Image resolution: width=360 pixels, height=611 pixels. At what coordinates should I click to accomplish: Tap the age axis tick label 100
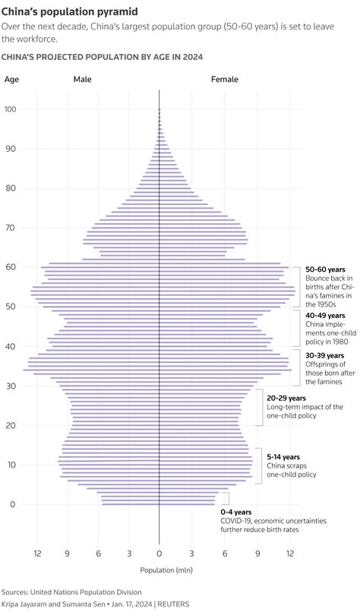pyautogui.click(x=11, y=109)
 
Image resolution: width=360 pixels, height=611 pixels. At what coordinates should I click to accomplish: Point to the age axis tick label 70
pyautogui.click(x=10, y=228)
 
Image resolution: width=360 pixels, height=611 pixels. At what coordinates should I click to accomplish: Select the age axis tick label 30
pyautogui.click(x=10, y=386)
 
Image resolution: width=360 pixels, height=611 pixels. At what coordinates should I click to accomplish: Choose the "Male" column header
pyautogui.click(x=83, y=79)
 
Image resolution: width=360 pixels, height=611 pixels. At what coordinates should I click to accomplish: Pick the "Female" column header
pyautogui.click(x=224, y=79)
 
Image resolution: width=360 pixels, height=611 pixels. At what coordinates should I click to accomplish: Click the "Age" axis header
pyautogui.click(x=11, y=79)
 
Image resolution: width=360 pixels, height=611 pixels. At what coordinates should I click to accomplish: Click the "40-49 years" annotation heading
pyautogui.click(x=325, y=316)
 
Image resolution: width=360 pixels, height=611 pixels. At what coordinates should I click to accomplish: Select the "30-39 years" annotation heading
pyautogui.click(x=325, y=355)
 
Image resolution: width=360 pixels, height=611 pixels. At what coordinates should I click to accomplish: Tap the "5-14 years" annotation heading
pyautogui.click(x=284, y=457)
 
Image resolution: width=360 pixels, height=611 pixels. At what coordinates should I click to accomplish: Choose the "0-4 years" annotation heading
pyautogui.click(x=236, y=512)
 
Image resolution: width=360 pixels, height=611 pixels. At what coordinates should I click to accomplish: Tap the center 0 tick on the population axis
pyautogui.click(x=159, y=554)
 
